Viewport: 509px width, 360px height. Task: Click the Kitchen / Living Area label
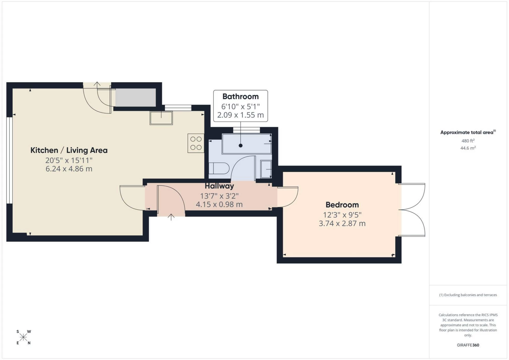pyautogui.click(x=69, y=150)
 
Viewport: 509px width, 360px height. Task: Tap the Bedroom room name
pyautogui.click(x=342, y=205)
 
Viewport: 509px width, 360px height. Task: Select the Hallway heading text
pyautogui.click(x=219, y=186)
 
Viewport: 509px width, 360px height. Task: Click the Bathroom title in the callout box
pyautogui.click(x=240, y=96)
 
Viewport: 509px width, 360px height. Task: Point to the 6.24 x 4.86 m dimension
pyautogui.click(x=69, y=169)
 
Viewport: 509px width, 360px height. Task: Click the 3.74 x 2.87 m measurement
pyautogui.click(x=342, y=223)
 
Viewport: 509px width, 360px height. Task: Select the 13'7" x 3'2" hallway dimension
pyautogui.click(x=219, y=196)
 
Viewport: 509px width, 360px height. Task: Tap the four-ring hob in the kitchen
pyautogui.click(x=196, y=143)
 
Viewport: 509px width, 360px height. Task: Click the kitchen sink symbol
pyautogui.click(x=161, y=118)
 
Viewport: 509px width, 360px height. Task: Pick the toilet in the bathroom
pyautogui.click(x=219, y=168)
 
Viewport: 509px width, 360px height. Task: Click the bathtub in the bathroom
pyautogui.click(x=247, y=144)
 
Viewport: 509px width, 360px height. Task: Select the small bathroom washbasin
pyautogui.click(x=266, y=169)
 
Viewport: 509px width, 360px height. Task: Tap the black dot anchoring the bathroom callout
pyautogui.click(x=240, y=146)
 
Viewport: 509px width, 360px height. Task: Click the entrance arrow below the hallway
pyautogui.click(x=171, y=217)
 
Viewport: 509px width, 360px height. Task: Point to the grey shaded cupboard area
pyautogui.click(x=135, y=97)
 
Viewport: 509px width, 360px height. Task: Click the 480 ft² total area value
pyautogui.click(x=468, y=141)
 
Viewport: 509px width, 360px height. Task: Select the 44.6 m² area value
pyautogui.click(x=468, y=148)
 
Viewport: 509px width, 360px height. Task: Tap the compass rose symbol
pyautogui.click(x=23, y=337)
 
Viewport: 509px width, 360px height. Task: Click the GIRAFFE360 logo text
pyautogui.click(x=468, y=345)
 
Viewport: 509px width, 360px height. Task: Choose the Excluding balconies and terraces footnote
pyautogui.click(x=468, y=295)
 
